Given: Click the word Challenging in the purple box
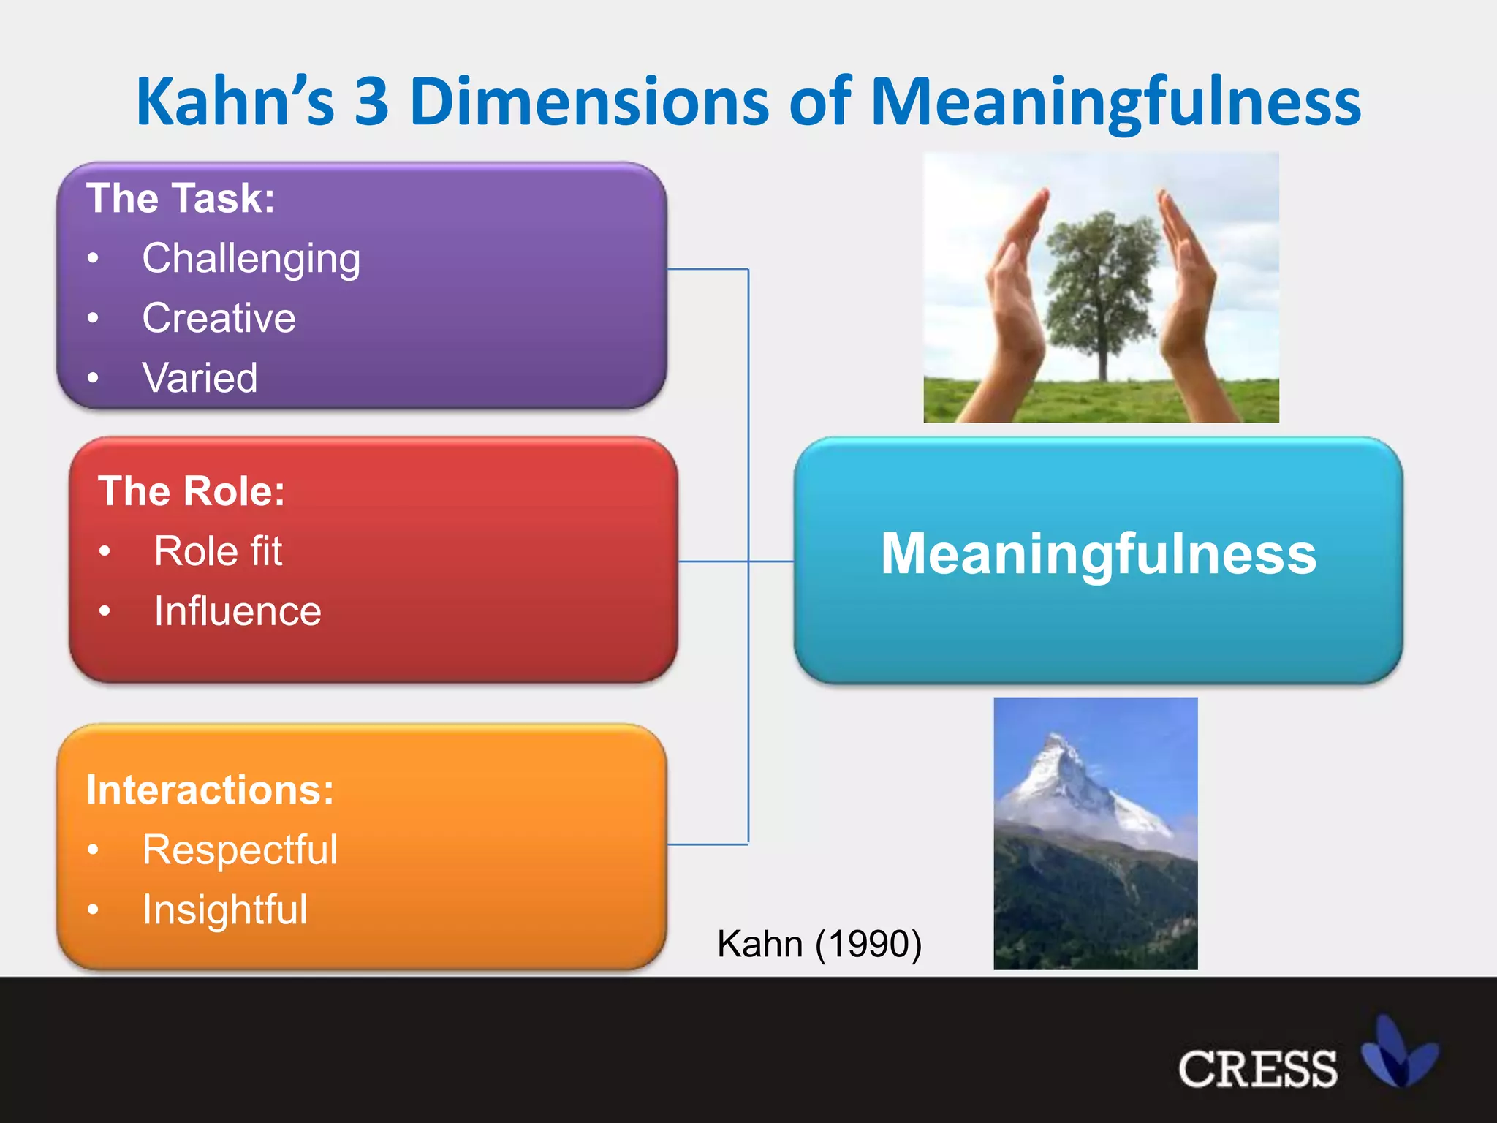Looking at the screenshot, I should click(x=251, y=259).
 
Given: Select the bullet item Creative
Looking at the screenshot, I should click(x=219, y=318).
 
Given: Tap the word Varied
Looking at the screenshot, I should click(x=200, y=378).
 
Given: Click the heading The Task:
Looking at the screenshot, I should click(x=181, y=198).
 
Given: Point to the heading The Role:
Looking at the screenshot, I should click(x=192, y=491).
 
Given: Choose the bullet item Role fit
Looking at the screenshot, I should click(x=218, y=551).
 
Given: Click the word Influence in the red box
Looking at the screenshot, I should click(x=238, y=611).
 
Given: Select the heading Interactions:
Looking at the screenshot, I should click(x=210, y=790).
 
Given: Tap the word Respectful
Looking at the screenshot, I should click(x=240, y=850).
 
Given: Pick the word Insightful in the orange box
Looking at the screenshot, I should click(x=224, y=910).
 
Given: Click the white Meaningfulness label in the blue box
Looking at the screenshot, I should click(x=1098, y=554).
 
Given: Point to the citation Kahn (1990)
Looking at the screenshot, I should click(x=819, y=944).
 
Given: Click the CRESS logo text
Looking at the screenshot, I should click(x=1257, y=1070).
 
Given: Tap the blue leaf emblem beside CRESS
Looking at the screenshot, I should click(x=1398, y=1053).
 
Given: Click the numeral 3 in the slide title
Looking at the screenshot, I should click(x=372, y=102).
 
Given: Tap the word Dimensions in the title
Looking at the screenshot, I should click(x=589, y=102).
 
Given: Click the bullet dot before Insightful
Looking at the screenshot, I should click(x=93, y=910).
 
